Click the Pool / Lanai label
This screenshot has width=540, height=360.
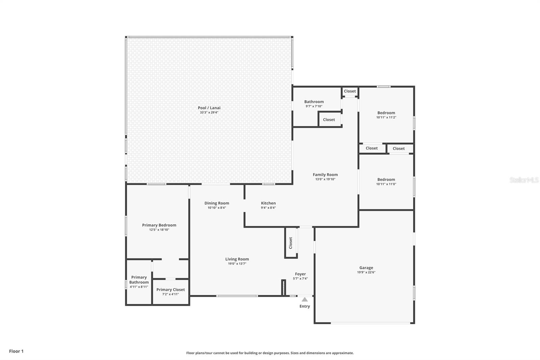(x=209, y=108)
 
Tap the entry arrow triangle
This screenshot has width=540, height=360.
(x=305, y=299)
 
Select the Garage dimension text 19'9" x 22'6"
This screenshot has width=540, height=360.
(x=366, y=272)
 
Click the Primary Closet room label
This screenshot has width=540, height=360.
(x=170, y=289)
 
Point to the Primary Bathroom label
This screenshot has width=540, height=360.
(x=139, y=280)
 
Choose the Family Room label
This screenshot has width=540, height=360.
(x=325, y=175)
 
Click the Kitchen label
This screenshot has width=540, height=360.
(x=268, y=203)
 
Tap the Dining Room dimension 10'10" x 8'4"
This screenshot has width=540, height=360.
(x=217, y=208)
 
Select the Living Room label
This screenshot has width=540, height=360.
(x=237, y=259)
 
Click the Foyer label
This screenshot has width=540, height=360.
(x=300, y=274)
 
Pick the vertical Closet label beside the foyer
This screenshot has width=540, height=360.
(x=291, y=243)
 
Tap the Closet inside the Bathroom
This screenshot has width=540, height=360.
(x=329, y=120)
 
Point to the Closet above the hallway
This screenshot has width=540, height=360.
(x=350, y=91)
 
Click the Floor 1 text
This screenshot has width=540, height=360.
(x=16, y=351)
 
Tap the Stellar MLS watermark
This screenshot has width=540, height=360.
(x=524, y=180)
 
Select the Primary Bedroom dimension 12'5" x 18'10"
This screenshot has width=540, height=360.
(x=159, y=230)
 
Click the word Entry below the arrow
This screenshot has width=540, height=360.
(x=304, y=306)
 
